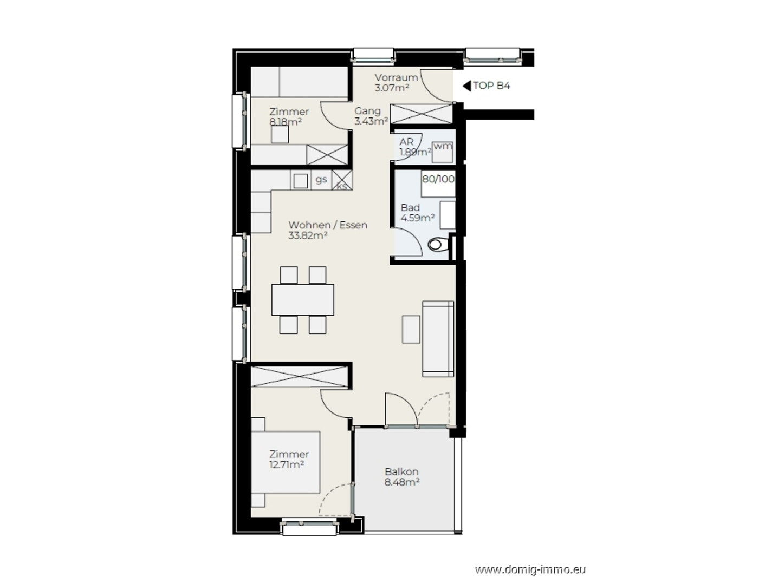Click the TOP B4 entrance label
491,86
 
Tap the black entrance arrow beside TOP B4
467,86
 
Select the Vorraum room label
396,77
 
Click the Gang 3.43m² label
371,116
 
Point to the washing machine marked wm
442,152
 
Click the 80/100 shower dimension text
438,179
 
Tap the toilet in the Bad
438,244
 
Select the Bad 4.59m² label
418,213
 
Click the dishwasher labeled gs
321,180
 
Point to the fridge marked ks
342,180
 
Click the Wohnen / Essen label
327,225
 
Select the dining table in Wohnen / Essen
303,299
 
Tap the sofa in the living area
438,339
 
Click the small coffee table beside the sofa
411,329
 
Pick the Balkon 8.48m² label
402,477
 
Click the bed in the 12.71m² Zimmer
286,462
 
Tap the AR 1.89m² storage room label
415,147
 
